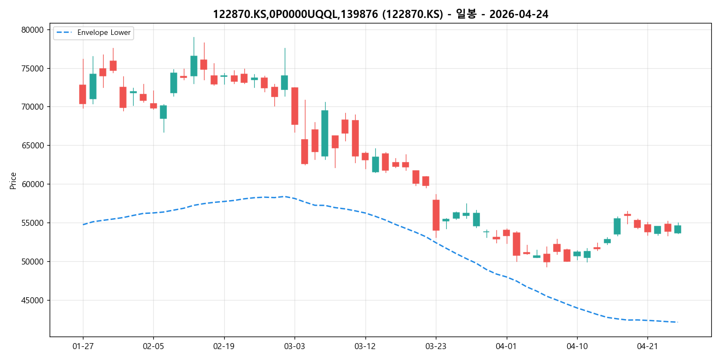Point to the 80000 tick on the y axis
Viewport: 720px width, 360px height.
32,30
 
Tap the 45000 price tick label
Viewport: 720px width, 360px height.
32,301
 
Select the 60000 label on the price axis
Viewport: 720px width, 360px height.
32,184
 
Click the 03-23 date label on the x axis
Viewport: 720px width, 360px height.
435,346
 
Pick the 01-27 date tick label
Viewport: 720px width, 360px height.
83,346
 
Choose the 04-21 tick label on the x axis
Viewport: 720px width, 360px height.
647,346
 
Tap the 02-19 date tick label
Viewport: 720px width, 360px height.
224,346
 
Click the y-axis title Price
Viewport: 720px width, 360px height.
13,181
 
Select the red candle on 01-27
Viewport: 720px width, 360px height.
83,94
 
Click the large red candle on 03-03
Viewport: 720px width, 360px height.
295,106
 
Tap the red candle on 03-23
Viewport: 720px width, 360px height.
436,215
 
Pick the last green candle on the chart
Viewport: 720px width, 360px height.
677,229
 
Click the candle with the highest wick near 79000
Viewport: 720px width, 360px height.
194,65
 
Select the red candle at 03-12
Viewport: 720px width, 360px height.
365,157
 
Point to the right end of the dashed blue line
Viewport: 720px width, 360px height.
677,322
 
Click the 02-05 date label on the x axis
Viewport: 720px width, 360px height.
153,346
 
